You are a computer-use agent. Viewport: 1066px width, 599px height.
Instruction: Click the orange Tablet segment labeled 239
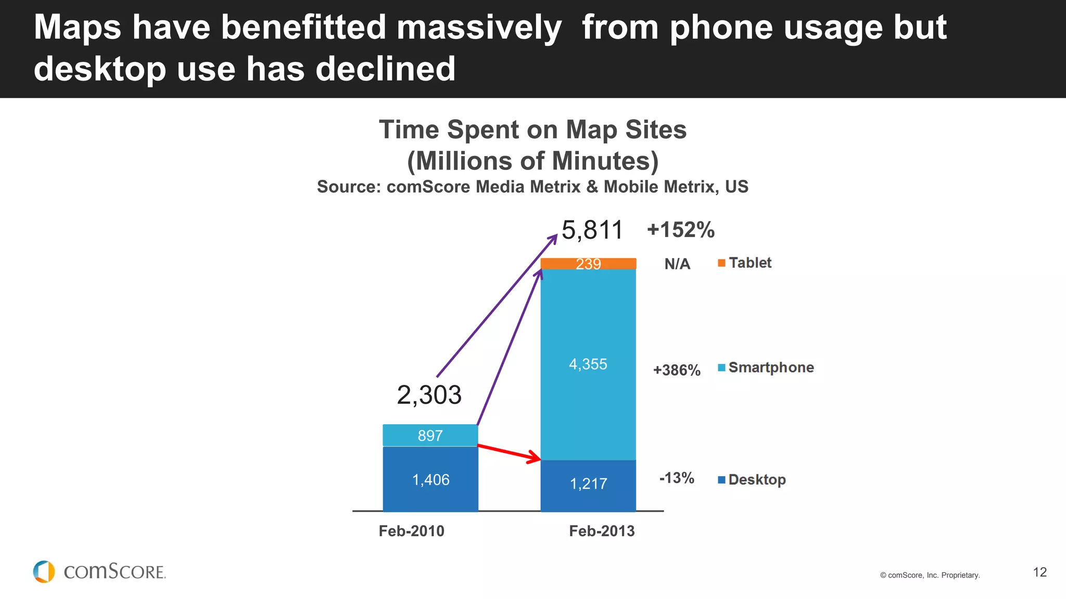point(588,264)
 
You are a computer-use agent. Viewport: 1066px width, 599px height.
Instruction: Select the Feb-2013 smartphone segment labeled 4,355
point(588,364)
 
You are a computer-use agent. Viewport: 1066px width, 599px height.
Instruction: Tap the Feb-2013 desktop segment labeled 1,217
point(588,484)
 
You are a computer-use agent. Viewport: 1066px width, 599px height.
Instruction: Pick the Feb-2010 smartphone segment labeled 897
point(430,435)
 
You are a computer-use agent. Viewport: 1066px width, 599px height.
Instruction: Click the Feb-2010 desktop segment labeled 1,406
point(430,479)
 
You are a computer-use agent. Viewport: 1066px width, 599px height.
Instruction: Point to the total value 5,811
point(592,230)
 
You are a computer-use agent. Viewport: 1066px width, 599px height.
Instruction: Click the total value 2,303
point(429,395)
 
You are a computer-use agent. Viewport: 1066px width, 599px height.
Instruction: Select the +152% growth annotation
point(680,230)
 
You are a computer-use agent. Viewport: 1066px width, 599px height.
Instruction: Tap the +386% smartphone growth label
point(677,370)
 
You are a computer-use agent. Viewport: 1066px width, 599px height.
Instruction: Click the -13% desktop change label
point(677,478)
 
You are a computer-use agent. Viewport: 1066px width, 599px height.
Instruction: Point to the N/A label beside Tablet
point(677,264)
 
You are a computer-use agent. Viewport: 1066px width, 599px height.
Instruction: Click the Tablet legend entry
point(745,263)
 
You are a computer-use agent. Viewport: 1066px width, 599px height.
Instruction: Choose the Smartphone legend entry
point(766,368)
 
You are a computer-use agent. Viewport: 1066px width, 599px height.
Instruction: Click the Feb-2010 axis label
point(411,531)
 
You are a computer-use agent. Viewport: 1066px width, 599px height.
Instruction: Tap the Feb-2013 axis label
point(602,531)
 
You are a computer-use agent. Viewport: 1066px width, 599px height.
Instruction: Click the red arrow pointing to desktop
point(509,452)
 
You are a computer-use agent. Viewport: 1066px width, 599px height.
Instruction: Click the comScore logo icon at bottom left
point(44,571)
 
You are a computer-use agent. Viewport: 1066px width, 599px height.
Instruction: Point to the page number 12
point(1039,572)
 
